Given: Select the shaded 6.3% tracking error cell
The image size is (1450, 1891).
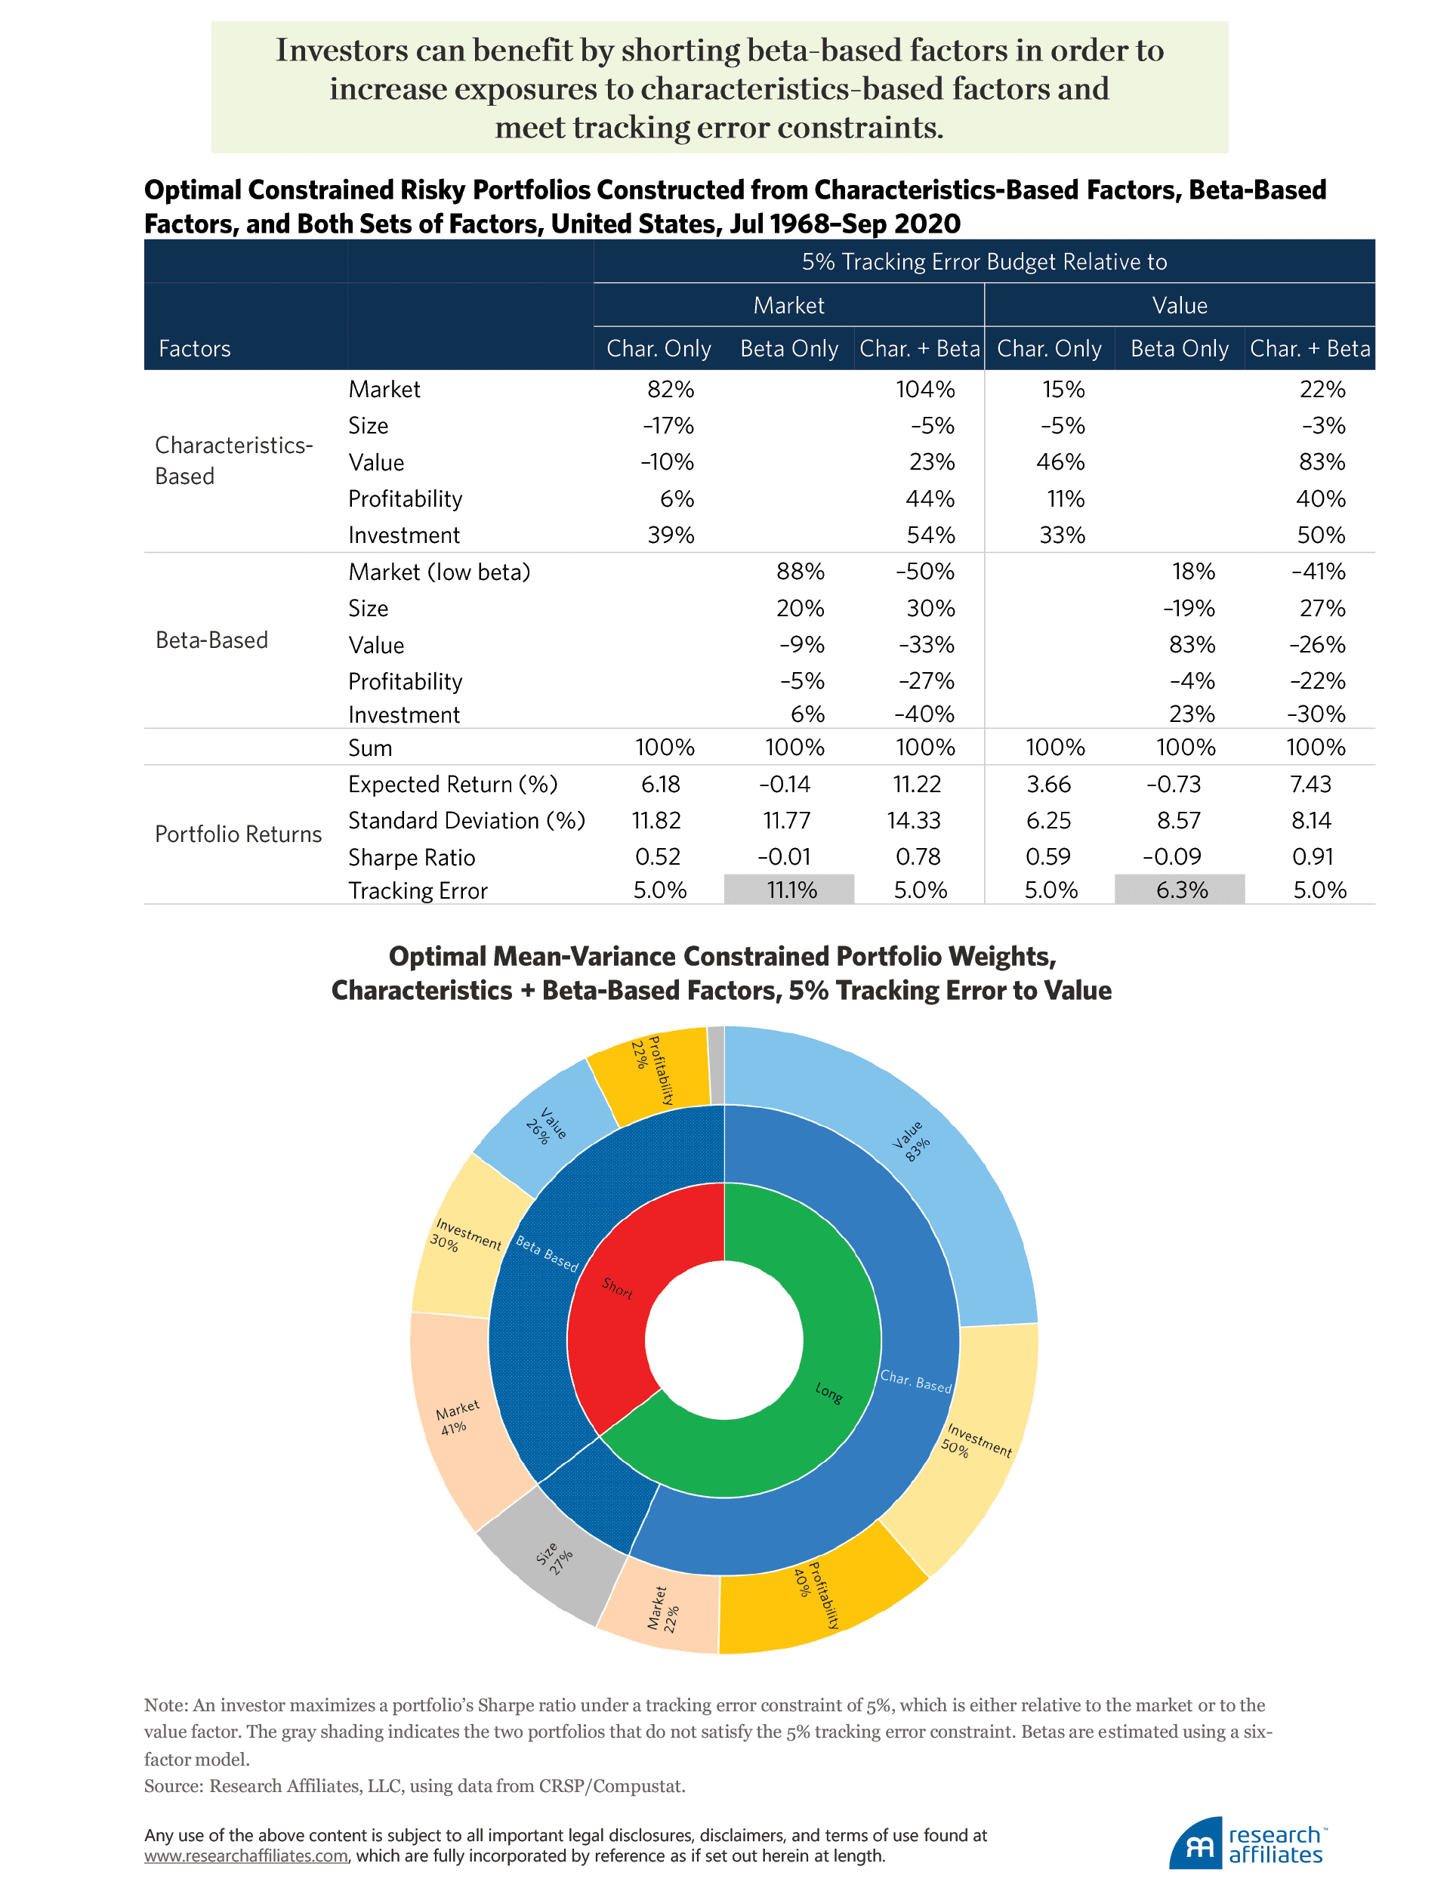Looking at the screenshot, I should pyautogui.click(x=1180, y=890).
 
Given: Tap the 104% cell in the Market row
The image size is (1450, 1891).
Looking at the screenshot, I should pyautogui.click(x=924, y=389).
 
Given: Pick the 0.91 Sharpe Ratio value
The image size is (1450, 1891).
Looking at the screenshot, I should pyautogui.click(x=1312, y=856).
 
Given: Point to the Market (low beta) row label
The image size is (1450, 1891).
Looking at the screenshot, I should pyautogui.click(x=439, y=572).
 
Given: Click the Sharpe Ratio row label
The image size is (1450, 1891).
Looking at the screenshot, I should pyautogui.click(x=412, y=857).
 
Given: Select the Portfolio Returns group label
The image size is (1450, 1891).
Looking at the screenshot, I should pyautogui.click(x=237, y=834).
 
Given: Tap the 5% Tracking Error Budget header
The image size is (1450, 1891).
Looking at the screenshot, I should pyautogui.click(x=984, y=261).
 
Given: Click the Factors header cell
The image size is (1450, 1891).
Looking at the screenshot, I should pyautogui.click(x=194, y=349).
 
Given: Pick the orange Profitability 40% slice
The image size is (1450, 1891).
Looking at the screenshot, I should pyautogui.click(x=820, y=1596).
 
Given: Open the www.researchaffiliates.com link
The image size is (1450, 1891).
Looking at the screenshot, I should pyautogui.click(x=246, y=1855).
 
